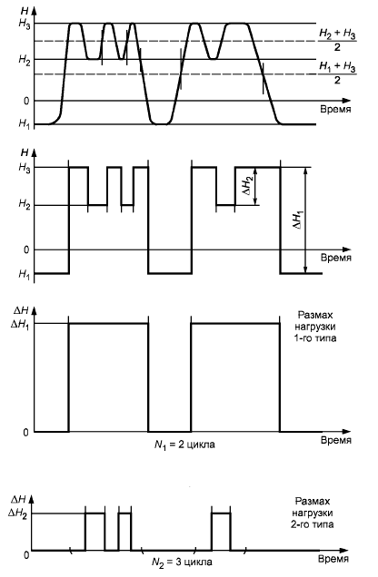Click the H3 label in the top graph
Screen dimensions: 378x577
click(25, 24)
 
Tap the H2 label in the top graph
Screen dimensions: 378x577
click(25, 60)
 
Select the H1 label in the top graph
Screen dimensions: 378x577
click(25, 123)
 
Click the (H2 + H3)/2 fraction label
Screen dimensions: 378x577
click(337, 40)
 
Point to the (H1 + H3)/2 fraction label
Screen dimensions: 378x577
click(337, 73)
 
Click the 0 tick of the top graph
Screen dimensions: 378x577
click(26, 101)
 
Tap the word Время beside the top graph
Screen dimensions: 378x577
click(335, 109)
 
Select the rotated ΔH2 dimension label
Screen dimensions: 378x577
click(250, 185)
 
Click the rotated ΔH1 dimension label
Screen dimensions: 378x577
click(299, 220)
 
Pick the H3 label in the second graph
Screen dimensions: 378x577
click(25, 168)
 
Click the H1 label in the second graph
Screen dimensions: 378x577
click(25, 275)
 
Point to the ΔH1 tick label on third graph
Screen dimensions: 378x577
click(21, 324)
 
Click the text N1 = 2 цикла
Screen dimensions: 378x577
click(184, 445)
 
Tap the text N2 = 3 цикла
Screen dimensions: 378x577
click(182, 562)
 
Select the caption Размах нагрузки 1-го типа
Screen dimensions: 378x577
click(316, 327)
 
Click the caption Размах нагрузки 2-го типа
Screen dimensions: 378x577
click(313, 513)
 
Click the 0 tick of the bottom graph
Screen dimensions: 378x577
click(26, 554)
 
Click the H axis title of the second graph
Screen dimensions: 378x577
click(25, 152)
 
